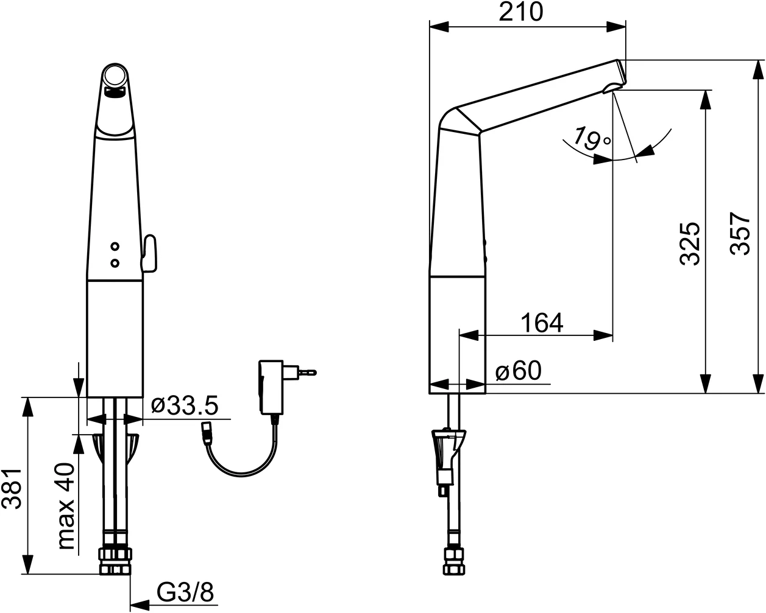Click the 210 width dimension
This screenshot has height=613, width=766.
(x=521, y=12)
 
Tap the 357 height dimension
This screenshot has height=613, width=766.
(x=740, y=234)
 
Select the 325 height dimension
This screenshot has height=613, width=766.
(x=689, y=244)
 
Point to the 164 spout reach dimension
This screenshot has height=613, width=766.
(x=542, y=323)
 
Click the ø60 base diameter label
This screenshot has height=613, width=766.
(x=519, y=371)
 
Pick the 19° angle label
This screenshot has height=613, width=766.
(x=591, y=138)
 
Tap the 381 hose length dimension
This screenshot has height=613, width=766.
(x=12, y=489)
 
